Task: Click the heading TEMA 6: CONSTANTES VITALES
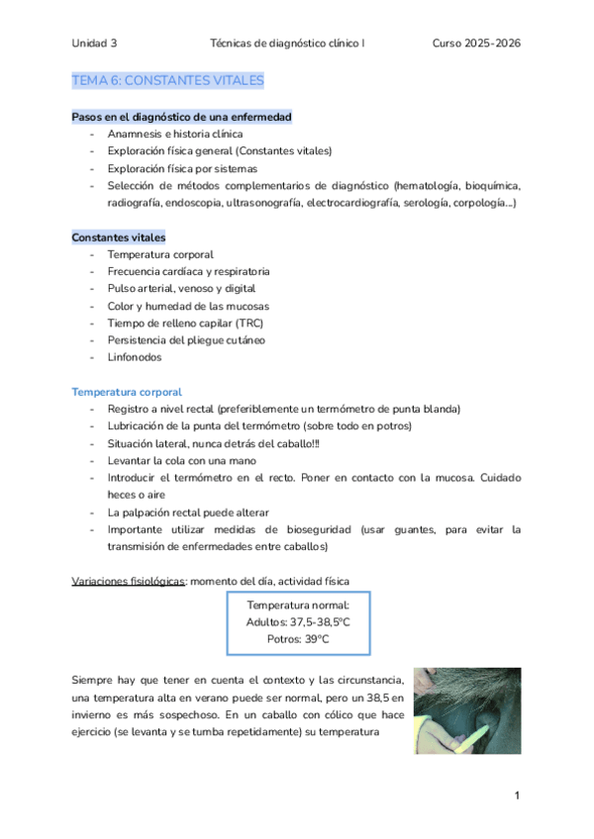(x=167, y=80)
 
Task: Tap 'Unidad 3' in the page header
(x=94, y=44)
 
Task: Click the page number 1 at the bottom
(x=517, y=795)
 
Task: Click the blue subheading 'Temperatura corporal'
(x=127, y=392)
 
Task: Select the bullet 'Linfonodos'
(x=135, y=357)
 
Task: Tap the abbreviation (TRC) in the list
(x=244, y=323)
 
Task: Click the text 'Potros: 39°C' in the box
(x=298, y=639)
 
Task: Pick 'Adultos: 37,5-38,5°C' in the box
(x=298, y=621)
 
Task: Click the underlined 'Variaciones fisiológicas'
(x=129, y=580)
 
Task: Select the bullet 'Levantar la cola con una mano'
(x=182, y=460)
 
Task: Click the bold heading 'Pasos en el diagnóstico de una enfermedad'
(x=181, y=117)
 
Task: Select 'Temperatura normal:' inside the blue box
(x=298, y=604)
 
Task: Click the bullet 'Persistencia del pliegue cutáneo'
(x=186, y=339)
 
